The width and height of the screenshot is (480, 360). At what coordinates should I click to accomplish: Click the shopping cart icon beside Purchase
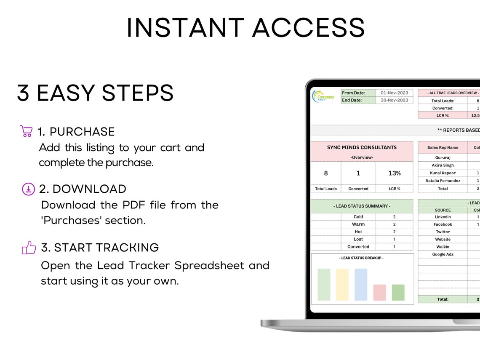tap(26, 131)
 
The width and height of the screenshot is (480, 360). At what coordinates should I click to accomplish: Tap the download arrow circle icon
tap(28, 189)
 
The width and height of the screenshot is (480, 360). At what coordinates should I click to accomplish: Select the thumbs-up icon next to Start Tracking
tap(29, 248)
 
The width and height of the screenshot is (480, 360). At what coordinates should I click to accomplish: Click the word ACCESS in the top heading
tap(308, 28)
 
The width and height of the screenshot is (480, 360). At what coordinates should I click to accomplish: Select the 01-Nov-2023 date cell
tap(395, 93)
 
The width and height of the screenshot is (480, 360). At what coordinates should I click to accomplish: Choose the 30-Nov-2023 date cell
tap(395, 100)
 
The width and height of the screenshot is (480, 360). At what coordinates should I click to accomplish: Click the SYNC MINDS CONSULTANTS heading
tap(362, 147)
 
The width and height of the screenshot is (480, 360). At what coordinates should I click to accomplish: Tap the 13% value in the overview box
tap(395, 173)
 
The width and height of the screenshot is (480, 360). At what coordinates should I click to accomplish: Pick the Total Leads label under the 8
tap(326, 189)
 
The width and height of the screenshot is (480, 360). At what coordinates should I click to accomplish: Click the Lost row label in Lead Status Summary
tap(358, 239)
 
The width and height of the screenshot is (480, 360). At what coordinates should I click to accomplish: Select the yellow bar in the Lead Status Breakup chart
tap(342, 285)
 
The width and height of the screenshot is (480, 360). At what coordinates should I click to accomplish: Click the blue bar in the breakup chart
tap(361, 285)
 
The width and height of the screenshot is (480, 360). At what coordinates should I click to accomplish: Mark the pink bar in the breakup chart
tap(379, 292)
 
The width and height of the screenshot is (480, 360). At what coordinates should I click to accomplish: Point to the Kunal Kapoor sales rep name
tap(443, 173)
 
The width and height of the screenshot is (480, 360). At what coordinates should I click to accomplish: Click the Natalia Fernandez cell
tap(443, 181)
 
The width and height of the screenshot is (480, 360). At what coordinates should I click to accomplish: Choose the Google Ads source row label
tap(443, 254)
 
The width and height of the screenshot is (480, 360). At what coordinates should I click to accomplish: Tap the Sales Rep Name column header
tap(443, 147)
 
